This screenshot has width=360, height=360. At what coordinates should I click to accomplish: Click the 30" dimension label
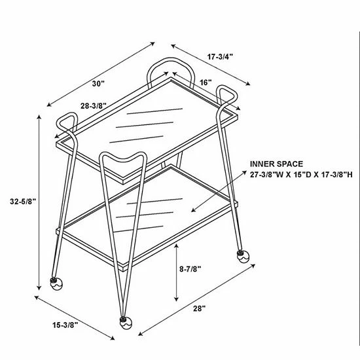point(98,84)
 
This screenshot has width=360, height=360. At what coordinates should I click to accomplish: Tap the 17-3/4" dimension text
point(220,57)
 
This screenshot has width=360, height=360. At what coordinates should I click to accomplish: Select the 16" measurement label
point(206,82)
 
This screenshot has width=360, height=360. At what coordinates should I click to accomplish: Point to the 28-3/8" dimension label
point(94,106)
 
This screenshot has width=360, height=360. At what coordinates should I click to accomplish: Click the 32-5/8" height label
point(23,202)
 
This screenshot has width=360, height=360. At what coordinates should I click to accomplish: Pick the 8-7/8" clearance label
point(190,269)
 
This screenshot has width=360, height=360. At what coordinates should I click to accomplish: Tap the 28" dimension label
point(199,308)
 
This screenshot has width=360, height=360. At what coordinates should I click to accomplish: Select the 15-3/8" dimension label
point(65,325)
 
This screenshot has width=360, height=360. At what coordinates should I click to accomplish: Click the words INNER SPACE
point(276,164)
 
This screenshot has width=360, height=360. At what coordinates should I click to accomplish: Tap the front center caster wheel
point(126,323)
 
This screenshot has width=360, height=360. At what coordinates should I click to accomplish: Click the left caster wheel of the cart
point(56,284)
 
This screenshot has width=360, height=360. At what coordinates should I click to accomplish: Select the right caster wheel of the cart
point(243,257)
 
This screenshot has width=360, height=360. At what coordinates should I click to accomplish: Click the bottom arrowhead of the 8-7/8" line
point(176,299)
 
